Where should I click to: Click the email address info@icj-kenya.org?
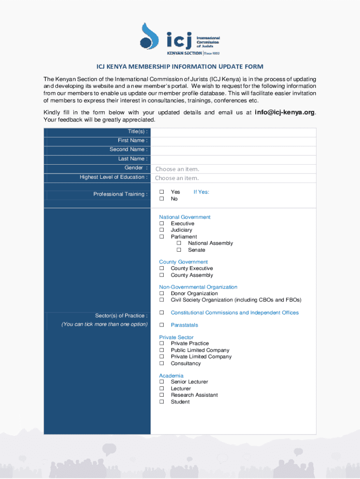tap(285, 112)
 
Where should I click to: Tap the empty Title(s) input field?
tap(233, 132)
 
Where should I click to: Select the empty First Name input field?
tap(233, 141)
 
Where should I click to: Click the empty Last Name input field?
tap(233, 159)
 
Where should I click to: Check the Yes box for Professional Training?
tap(162, 192)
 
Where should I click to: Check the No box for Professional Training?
tap(162, 199)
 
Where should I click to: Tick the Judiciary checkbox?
tap(162, 230)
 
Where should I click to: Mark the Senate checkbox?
tap(179, 250)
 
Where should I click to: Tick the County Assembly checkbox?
tap(162, 275)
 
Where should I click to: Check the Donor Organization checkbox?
tap(162, 293)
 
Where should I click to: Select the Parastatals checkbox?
tap(162, 325)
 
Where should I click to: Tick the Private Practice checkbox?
tap(162, 343)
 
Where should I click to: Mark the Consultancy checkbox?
tap(162, 363)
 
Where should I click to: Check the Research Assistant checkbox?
tap(162, 395)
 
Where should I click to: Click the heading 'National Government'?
tap(185, 217)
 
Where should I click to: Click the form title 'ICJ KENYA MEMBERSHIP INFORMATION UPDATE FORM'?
tap(180, 67)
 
